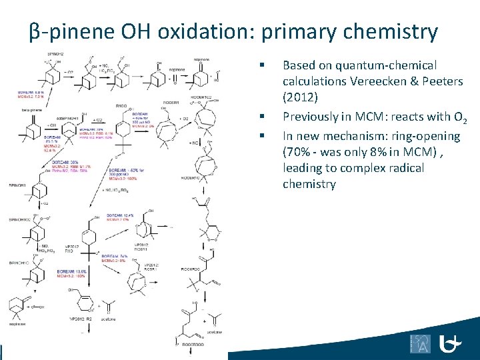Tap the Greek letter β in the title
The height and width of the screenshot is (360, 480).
35,32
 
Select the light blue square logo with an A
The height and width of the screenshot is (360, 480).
421,344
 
